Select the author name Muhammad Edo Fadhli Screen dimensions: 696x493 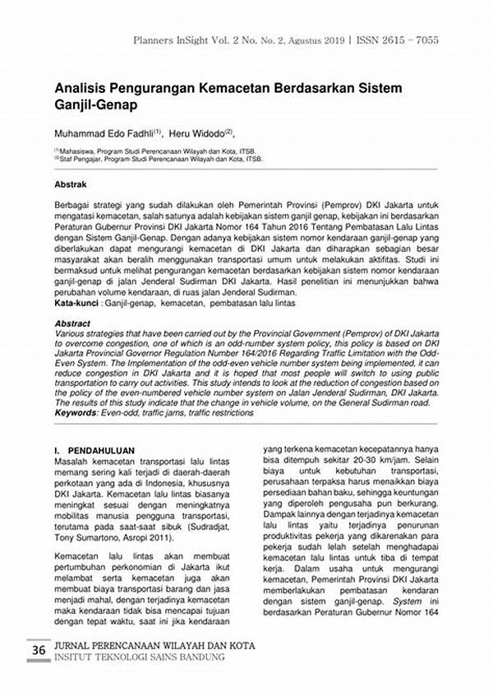tap(105, 132)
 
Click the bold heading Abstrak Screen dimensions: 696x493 tap(71, 184)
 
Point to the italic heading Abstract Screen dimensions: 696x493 tap(72, 324)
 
